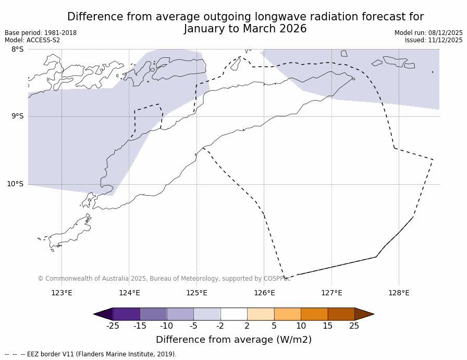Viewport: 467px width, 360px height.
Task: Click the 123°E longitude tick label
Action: (62, 293)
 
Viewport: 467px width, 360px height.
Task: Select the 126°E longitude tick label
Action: (264, 293)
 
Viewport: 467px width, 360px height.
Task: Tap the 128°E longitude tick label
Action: (399, 293)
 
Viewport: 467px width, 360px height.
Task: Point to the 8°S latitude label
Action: (17, 50)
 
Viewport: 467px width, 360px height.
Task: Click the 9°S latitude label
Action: (17, 116)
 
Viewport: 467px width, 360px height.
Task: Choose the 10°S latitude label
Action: (15, 184)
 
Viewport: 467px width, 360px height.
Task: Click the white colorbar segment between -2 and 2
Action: (233, 314)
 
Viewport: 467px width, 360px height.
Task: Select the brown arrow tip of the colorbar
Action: (363, 314)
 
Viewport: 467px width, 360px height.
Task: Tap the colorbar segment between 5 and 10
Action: (287, 314)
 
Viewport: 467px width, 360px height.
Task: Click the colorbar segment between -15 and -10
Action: (153, 314)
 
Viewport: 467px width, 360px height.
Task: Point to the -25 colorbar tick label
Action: (113, 326)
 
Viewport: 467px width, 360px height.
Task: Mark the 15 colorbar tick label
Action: (327, 326)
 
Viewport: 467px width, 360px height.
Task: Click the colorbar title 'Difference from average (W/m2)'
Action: (233, 340)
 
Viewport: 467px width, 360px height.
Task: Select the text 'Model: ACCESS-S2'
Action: (32, 40)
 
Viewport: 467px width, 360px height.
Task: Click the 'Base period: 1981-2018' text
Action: (41, 33)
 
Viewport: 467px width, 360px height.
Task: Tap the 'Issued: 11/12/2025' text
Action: (434, 40)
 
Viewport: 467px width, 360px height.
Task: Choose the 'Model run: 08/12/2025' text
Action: (428, 33)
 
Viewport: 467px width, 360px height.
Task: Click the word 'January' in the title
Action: (205, 29)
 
